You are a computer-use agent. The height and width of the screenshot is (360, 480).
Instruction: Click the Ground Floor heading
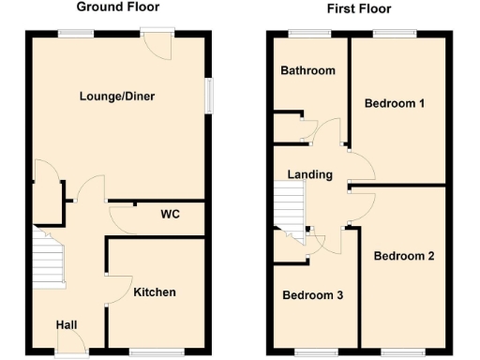(x=116, y=7)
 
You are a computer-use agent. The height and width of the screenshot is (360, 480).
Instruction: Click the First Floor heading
(x=359, y=9)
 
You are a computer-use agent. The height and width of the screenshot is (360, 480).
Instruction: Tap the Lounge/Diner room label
(x=116, y=96)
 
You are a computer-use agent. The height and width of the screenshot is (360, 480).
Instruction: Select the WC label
(x=169, y=215)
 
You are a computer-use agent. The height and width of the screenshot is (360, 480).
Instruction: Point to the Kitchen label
(x=154, y=292)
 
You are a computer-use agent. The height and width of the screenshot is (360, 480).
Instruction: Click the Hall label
(x=66, y=324)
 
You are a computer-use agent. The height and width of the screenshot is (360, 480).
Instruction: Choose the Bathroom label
(x=307, y=71)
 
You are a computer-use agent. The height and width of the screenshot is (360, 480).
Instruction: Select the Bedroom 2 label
(x=403, y=255)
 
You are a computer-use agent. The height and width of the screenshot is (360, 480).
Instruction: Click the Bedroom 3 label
(x=313, y=296)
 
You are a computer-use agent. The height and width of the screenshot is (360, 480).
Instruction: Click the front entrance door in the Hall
(x=69, y=352)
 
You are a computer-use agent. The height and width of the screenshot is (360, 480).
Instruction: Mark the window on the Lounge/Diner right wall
(x=208, y=96)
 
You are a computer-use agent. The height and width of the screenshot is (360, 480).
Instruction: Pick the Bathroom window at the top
(x=308, y=34)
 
